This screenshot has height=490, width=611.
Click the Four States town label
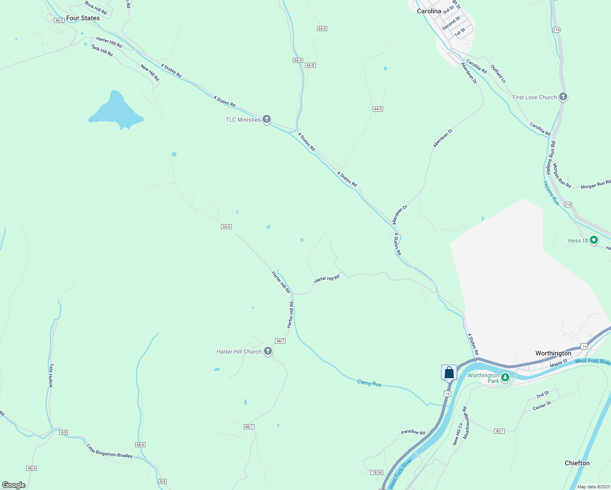(83, 18)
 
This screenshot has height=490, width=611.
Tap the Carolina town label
(429, 11)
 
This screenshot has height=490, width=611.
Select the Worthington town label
(553, 353)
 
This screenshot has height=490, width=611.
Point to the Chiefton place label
(577, 463)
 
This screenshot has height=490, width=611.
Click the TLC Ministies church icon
(267, 119)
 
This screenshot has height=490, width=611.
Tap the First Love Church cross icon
(563, 97)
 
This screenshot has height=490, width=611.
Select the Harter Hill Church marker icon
(268, 351)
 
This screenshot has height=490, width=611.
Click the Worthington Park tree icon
(505, 377)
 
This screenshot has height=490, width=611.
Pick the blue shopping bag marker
(449, 372)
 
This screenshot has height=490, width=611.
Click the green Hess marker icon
(594, 240)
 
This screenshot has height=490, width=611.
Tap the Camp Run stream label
(369, 383)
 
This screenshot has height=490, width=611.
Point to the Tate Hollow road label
(51, 376)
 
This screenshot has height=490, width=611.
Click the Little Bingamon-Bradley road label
(109, 451)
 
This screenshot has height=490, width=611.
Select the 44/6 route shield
(226, 227)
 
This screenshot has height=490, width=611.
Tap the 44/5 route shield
(378, 109)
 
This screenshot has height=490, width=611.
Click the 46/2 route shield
(59, 20)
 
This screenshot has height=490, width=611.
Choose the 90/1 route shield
(500, 431)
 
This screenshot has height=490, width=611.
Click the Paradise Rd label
(413, 432)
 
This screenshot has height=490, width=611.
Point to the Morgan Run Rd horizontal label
(595, 185)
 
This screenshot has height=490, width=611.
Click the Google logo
(13, 485)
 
